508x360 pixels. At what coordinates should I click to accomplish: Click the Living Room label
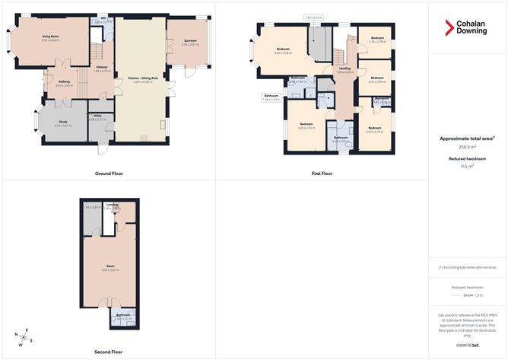pos(52,37)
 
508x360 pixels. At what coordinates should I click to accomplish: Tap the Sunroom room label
pos(189,43)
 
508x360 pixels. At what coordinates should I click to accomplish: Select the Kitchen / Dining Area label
pos(142,78)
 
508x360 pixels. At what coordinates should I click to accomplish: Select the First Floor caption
pos(322,174)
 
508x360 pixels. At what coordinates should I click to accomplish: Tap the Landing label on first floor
pos(344,68)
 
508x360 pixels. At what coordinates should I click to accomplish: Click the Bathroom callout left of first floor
pos(271,97)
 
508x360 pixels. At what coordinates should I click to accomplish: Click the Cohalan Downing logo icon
pos(449,28)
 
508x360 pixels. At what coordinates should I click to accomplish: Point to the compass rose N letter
pos(16,334)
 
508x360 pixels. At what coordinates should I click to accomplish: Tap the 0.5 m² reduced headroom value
pos(467,166)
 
